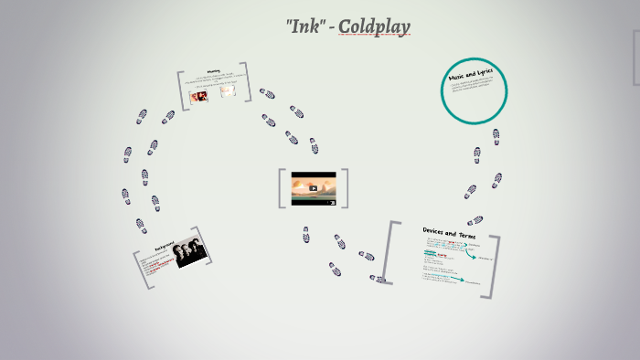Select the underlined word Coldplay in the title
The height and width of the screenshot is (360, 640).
[x=374, y=26]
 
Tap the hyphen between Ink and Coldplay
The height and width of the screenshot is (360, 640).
[x=331, y=27]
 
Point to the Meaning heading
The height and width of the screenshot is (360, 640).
[x=213, y=70]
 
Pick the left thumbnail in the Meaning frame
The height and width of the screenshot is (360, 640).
[x=198, y=94]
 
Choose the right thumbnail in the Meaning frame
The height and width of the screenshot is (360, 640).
[x=228, y=91]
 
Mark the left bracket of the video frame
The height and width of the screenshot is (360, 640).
[x=282, y=188]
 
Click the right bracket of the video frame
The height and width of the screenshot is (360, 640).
[x=345, y=188]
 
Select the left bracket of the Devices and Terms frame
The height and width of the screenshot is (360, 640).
[x=389, y=252]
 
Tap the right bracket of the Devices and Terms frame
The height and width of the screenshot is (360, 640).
[x=496, y=267]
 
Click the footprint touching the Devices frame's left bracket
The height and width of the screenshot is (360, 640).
[x=376, y=279]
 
